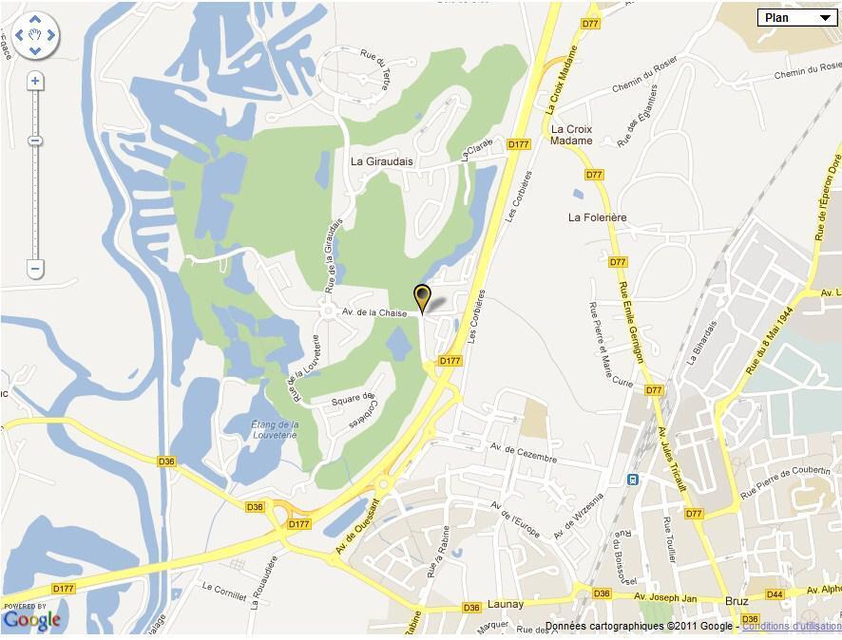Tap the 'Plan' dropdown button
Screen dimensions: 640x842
(x=796, y=17)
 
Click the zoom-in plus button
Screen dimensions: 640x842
(x=35, y=82)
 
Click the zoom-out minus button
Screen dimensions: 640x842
(x=35, y=270)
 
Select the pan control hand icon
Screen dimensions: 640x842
(x=35, y=36)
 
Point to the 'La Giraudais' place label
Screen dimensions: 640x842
(x=382, y=161)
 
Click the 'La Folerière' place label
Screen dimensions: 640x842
(x=598, y=217)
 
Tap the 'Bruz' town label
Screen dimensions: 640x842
(x=736, y=601)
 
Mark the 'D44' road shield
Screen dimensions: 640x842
(x=775, y=594)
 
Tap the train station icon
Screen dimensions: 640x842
(x=632, y=480)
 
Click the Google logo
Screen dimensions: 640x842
(x=31, y=620)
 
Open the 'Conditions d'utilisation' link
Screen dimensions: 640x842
(x=791, y=627)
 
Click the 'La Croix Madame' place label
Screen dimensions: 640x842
(x=571, y=135)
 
